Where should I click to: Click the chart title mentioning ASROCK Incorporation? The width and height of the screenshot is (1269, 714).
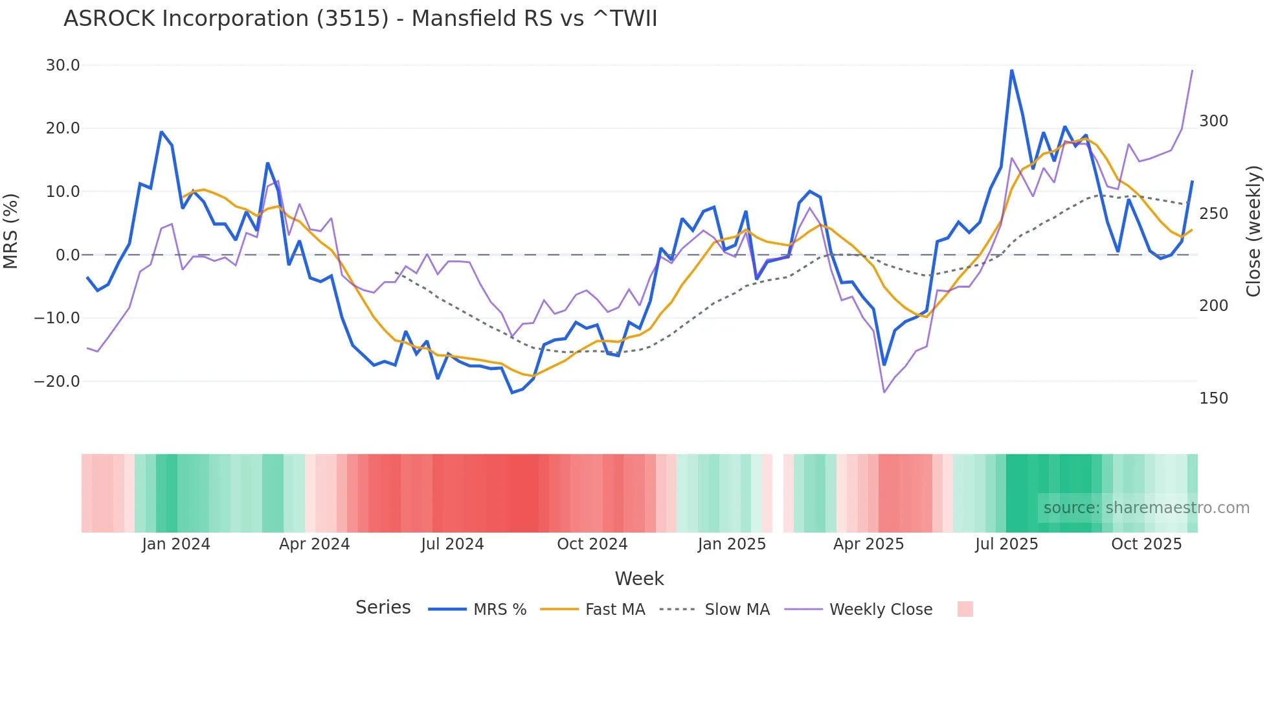360,19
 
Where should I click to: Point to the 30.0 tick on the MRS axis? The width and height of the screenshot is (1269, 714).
63,65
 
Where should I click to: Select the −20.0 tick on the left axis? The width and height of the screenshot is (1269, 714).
58,382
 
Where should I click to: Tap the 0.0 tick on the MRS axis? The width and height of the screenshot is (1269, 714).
67,255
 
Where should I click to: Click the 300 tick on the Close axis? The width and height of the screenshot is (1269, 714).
1213,121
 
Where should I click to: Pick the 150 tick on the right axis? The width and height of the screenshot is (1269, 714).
1213,398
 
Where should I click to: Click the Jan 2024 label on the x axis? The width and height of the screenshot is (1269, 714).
176,544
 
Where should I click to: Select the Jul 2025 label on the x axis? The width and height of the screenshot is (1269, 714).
1006,544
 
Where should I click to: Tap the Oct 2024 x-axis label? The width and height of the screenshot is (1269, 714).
592,544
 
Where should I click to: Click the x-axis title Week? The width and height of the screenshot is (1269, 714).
639,579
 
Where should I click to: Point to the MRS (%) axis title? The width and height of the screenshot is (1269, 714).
11,231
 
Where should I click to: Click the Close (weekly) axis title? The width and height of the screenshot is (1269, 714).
1253,231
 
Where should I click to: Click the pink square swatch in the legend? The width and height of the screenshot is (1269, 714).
965,609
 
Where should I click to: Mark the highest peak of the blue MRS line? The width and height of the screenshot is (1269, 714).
1011,70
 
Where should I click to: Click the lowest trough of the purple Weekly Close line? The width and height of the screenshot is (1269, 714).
884,392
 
